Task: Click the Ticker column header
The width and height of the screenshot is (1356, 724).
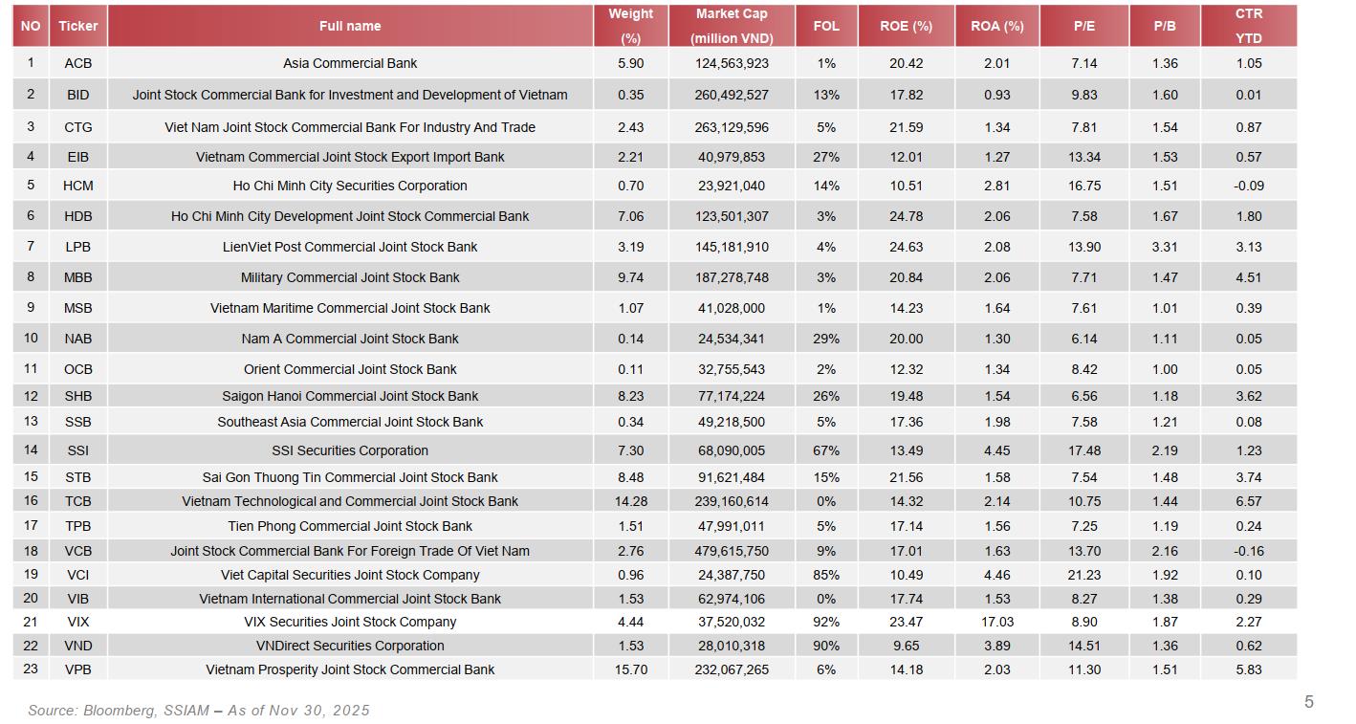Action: [78, 26]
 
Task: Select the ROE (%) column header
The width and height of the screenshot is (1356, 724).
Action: [906, 26]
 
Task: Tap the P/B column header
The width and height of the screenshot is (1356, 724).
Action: [1165, 26]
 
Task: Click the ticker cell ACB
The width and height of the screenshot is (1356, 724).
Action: [78, 63]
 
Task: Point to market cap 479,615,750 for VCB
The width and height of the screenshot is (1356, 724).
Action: [732, 551]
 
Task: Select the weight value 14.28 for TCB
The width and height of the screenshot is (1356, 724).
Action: [631, 501]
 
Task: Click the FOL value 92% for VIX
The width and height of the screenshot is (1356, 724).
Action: [826, 622]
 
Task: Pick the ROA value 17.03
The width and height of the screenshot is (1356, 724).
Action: [997, 622]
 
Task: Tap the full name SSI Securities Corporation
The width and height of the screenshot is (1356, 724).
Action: [350, 450]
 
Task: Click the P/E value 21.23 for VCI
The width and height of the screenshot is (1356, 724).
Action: [1084, 575]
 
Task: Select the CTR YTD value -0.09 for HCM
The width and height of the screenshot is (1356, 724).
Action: [1248, 186]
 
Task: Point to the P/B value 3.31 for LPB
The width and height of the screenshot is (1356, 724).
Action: [1165, 247]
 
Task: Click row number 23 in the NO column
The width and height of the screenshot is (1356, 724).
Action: [31, 669]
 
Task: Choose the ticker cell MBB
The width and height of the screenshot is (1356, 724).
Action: [78, 277]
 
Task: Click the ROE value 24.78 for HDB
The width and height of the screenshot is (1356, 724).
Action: [906, 216]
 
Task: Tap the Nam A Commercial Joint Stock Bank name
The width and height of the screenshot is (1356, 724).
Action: [350, 339]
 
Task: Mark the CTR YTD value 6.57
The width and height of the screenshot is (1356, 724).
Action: [1248, 501]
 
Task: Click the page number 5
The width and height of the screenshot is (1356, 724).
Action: [1308, 702]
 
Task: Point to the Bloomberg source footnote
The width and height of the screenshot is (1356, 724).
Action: [199, 711]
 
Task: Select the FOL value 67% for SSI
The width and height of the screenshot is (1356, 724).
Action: [826, 450]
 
